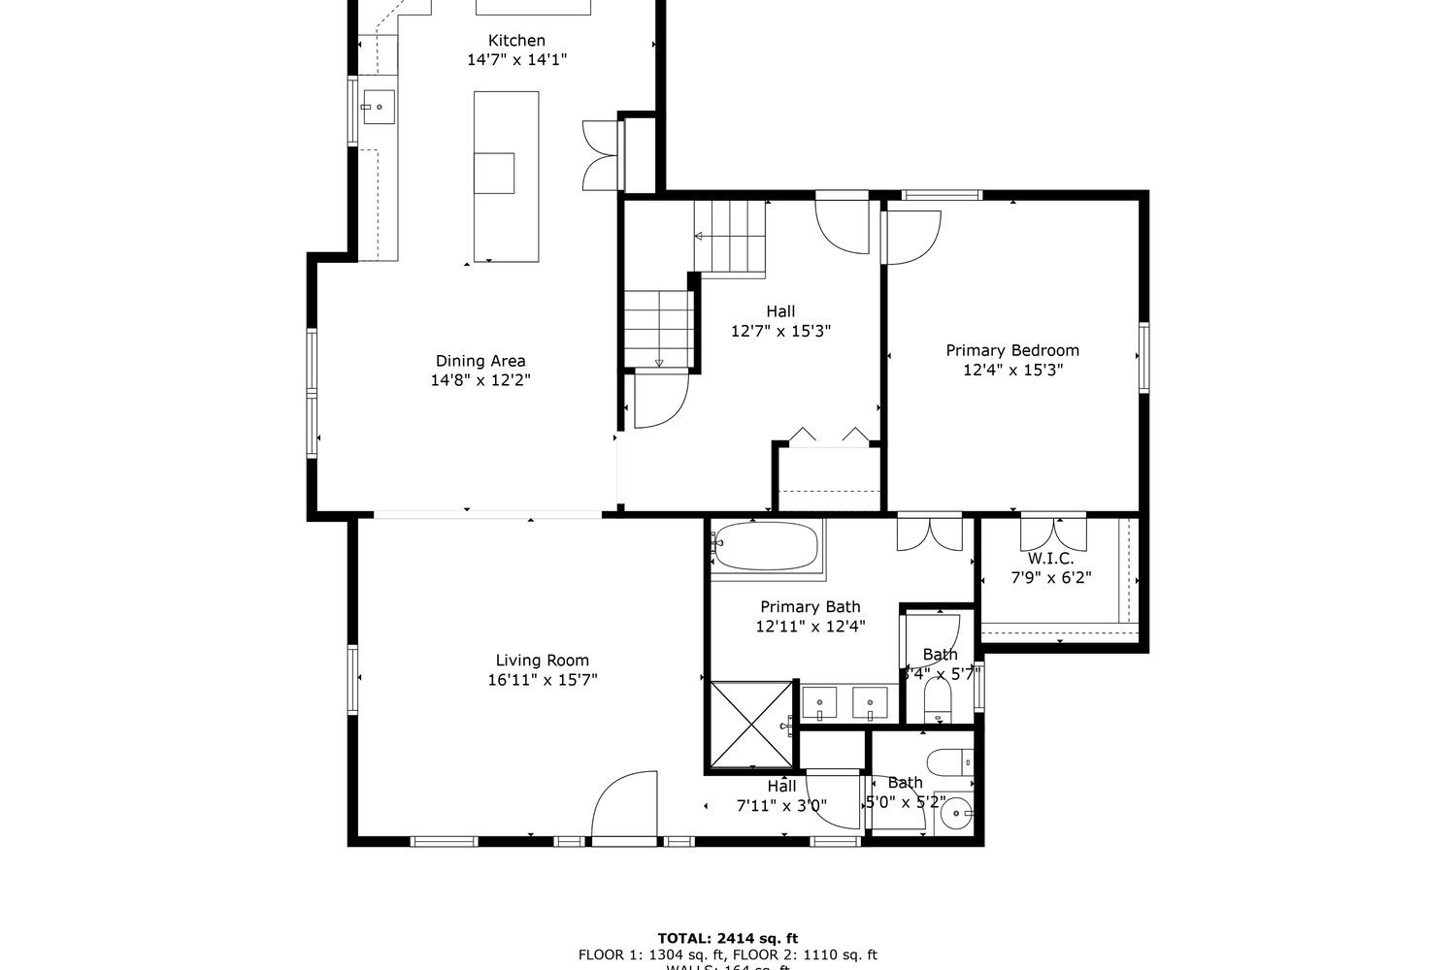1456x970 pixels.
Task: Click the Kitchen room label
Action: click(x=516, y=41)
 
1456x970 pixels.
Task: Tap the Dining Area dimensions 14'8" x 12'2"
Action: click(x=480, y=380)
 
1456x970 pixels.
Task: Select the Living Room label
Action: click(x=542, y=661)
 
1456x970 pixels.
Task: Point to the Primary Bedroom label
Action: click(x=1012, y=350)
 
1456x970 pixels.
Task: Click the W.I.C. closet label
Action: click(x=1050, y=559)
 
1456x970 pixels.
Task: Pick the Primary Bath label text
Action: click(x=810, y=607)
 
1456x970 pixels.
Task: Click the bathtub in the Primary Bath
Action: click(x=767, y=546)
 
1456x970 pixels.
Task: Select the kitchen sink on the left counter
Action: click(x=379, y=107)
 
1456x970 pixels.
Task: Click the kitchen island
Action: click(x=506, y=175)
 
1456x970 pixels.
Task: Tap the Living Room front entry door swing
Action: click(x=624, y=805)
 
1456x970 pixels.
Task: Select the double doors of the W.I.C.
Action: click(x=1053, y=533)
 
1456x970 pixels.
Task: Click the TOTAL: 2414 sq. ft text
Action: click(x=727, y=938)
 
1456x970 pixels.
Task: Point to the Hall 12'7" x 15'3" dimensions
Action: click(x=780, y=331)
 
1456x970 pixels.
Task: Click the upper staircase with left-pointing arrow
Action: click(x=730, y=236)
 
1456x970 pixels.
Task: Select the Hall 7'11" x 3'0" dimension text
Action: click(x=781, y=805)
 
